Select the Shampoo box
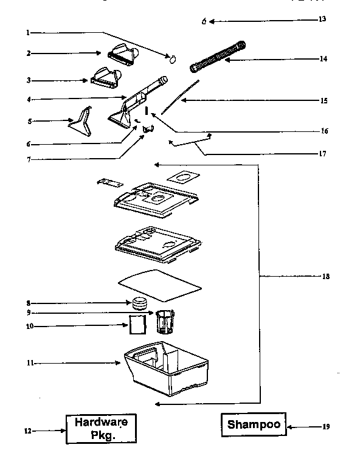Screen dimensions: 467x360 point(254,424)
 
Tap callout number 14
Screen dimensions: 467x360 point(324,59)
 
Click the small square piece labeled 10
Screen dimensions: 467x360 point(138,325)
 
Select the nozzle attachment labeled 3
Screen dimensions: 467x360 point(108,77)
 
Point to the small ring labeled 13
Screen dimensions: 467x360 point(205,22)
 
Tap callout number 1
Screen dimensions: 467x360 point(29,32)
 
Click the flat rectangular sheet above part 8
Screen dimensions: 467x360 point(159,285)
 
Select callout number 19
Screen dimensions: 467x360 point(326,426)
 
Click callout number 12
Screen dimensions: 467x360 point(27,431)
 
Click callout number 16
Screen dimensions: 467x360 point(324,130)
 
